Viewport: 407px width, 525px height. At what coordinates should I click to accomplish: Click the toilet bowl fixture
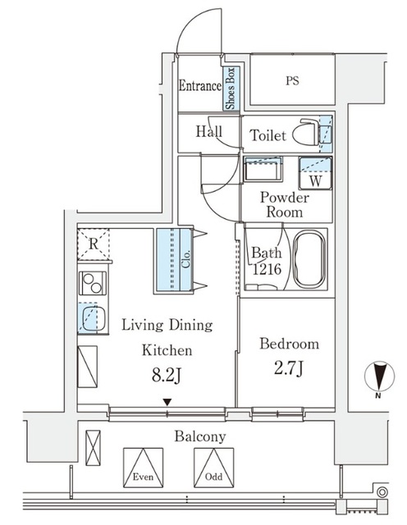[305, 132]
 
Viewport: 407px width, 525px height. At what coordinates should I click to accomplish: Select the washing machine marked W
[315, 173]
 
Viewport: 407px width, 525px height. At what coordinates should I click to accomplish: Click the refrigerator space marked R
[94, 244]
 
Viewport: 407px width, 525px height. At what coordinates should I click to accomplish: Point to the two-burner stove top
[92, 283]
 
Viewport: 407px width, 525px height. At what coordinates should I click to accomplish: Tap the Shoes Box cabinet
[231, 89]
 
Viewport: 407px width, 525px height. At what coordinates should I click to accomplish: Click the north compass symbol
[379, 377]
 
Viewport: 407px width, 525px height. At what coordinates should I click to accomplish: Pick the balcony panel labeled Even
[143, 468]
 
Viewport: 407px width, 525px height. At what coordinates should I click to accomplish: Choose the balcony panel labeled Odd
[213, 468]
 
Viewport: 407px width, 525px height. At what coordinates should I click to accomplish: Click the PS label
[292, 80]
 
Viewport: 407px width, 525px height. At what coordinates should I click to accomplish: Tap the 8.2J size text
[167, 376]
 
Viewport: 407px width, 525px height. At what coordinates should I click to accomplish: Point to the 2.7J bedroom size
[289, 368]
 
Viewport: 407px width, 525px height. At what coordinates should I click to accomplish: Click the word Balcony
[200, 436]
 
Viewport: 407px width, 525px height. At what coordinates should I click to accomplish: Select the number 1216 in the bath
[267, 269]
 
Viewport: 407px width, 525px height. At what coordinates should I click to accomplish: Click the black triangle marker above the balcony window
[167, 402]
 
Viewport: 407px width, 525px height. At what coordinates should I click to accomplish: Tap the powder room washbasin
[263, 169]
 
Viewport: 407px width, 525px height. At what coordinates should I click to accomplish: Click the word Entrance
[200, 85]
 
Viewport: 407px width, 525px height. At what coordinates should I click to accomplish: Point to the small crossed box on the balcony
[93, 448]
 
